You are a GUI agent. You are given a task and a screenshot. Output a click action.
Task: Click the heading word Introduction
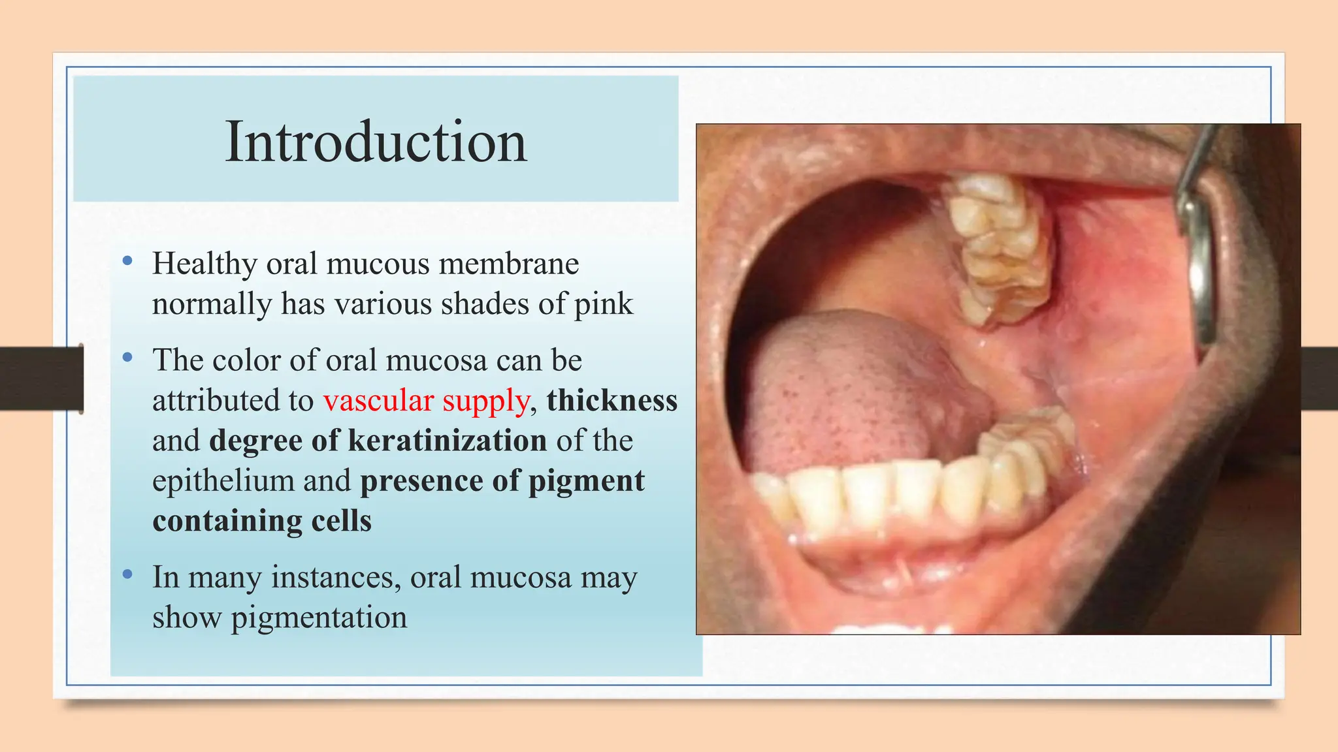pos(376,142)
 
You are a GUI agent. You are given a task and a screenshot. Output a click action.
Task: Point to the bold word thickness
pos(612,400)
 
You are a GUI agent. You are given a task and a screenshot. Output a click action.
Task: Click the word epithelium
pos(223,481)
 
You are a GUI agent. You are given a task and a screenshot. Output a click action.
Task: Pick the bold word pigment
pos(586,481)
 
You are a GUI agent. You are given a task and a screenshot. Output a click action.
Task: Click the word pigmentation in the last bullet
pos(319,618)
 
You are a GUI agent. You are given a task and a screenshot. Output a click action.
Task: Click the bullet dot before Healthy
pos(127,262)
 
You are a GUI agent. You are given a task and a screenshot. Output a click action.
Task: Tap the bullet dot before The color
pos(127,358)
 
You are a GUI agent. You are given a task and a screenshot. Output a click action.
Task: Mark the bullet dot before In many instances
pos(127,575)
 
